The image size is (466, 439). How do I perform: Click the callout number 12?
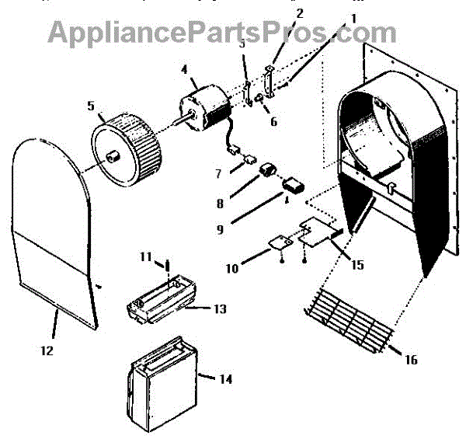(x=47, y=350)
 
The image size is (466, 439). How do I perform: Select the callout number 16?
(x=411, y=359)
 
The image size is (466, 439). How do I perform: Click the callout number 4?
(x=185, y=69)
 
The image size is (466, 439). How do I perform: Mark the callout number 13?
(x=221, y=309)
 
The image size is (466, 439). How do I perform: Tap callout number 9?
(x=220, y=229)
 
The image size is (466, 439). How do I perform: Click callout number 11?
(x=144, y=256)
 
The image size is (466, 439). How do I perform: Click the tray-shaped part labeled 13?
(x=159, y=307)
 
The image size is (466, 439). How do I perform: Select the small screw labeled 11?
(x=166, y=268)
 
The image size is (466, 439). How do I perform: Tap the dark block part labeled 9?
(x=294, y=185)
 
